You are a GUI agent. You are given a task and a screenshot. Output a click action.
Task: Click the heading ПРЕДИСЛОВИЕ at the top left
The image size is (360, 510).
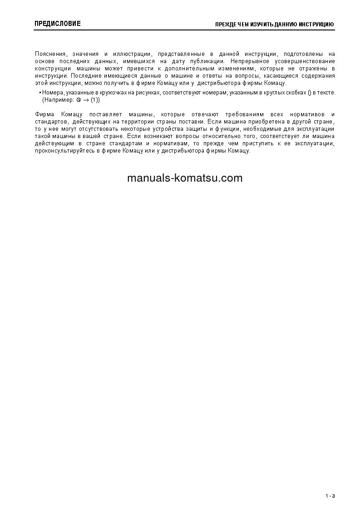[58, 24]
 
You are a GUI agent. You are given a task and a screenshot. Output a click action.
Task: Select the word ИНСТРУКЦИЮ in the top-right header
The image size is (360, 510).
[317, 24]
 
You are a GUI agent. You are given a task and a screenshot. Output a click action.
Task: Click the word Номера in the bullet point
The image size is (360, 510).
[53, 93]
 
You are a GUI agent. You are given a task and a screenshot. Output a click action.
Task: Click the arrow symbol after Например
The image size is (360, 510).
[85, 99]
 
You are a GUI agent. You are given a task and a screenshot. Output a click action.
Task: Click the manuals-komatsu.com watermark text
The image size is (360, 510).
[185, 178]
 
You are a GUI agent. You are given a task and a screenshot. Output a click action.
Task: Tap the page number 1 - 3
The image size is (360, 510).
[330, 495]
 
